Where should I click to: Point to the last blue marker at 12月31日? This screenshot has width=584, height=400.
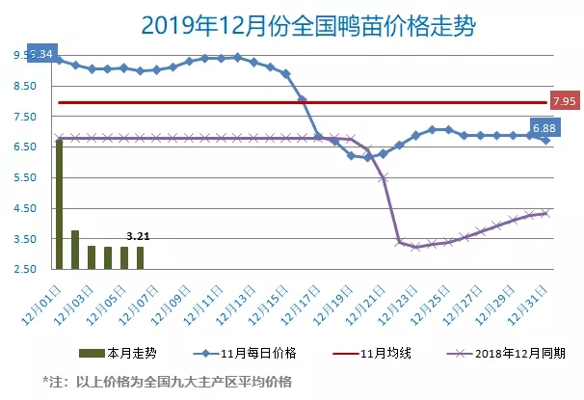pyautogui.click(x=546, y=140)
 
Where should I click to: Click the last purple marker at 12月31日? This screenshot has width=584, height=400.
pyautogui.click(x=545, y=213)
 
